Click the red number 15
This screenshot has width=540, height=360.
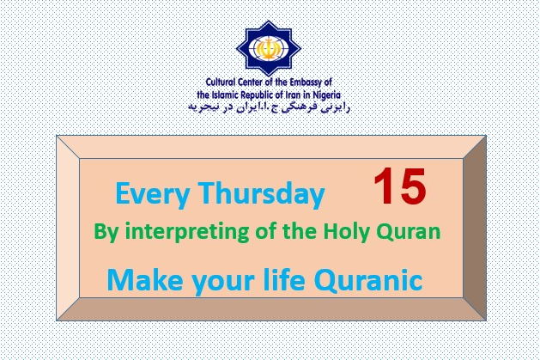pos(400,186)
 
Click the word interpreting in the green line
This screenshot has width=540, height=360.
pos(187,232)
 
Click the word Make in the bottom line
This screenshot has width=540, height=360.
pos(145,280)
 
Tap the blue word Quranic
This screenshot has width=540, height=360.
pos(368,280)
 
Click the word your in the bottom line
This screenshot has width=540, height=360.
pos(223,283)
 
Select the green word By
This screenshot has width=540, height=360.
pos(106,232)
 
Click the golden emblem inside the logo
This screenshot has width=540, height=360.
pos(269,48)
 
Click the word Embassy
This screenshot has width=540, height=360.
pos(306,82)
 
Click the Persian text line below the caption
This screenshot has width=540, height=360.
pos(269,107)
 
